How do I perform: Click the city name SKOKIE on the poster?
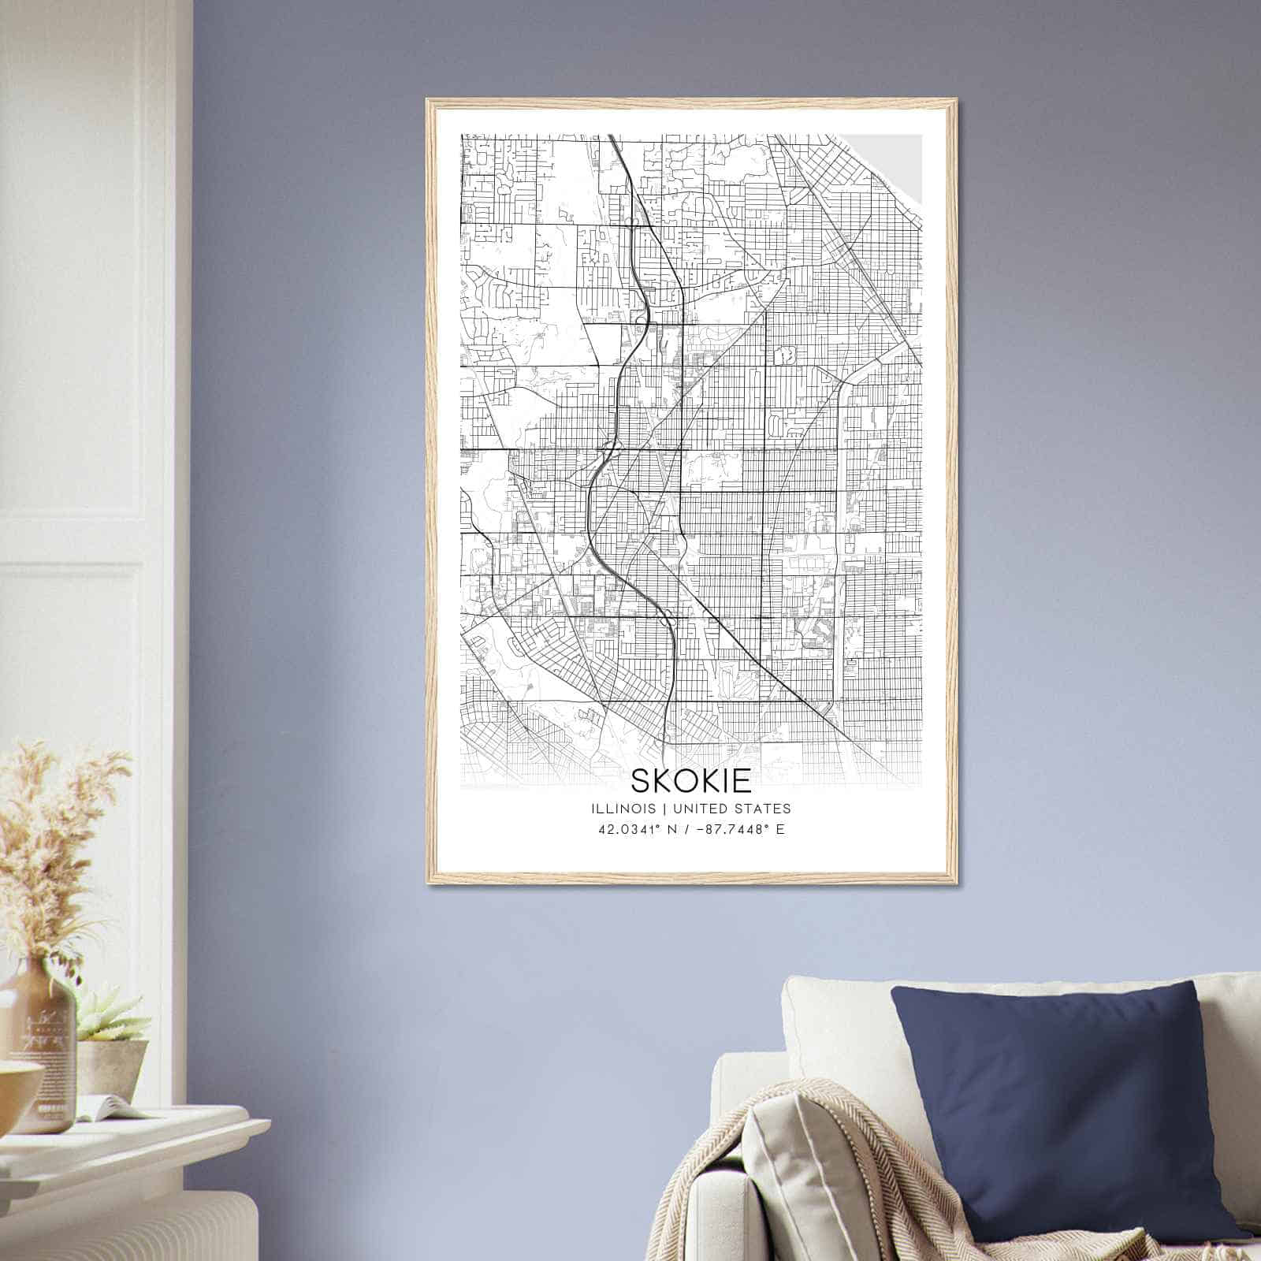click(690, 780)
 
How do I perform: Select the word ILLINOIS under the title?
click(621, 809)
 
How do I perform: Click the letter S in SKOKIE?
click(642, 780)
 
